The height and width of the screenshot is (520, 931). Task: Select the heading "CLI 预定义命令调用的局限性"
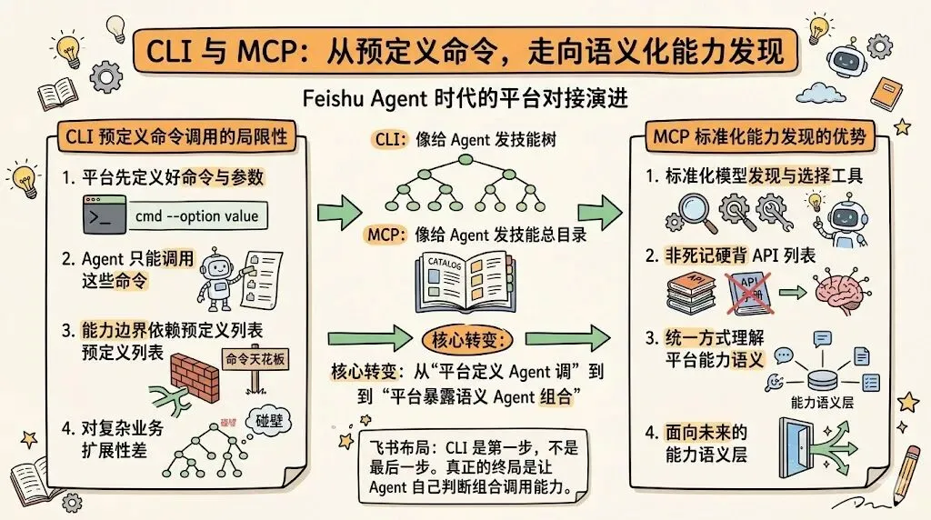tap(172, 138)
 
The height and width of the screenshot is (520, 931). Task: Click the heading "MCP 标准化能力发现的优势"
tap(758, 139)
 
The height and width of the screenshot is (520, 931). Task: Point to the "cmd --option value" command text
tap(195, 216)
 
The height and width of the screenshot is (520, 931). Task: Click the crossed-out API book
tap(751, 292)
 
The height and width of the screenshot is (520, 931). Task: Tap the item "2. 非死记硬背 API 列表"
tap(730, 257)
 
